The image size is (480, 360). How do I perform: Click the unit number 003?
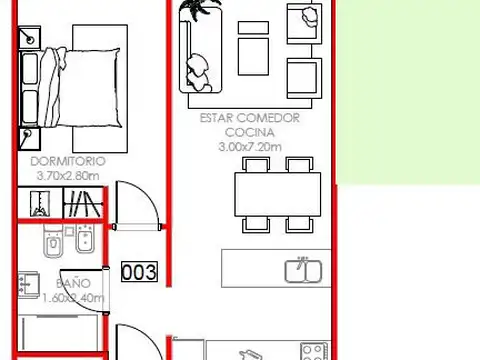point(140,271)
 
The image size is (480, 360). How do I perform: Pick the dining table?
point(277,194)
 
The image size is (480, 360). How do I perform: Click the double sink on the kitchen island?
point(301,270)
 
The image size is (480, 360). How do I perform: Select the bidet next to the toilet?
point(84,241)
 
